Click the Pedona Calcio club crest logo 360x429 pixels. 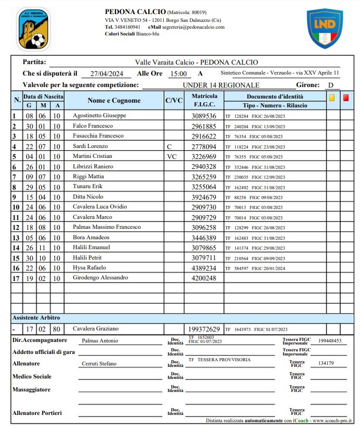(x=33, y=29)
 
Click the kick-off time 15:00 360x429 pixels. (x=178, y=74)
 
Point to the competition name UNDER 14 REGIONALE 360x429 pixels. (x=221, y=85)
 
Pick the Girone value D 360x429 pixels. (x=330, y=85)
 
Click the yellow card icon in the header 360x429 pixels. (x=332, y=97)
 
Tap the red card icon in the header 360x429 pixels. (x=346, y=97)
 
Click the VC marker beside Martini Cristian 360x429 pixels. (x=172, y=156)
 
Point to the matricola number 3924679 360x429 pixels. (x=204, y=197)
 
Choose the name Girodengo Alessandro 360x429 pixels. (x=100, y=278)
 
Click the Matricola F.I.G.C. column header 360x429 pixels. (x=205, y=101)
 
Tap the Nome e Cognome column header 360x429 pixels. (x=114, y=101)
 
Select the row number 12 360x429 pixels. (x=16, y=227)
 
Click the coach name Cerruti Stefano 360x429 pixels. (x=99, y=364)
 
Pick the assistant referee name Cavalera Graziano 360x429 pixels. (x=95, y=329)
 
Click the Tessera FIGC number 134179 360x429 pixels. (x=326, y=364)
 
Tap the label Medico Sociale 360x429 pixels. (x=32, y=376)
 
